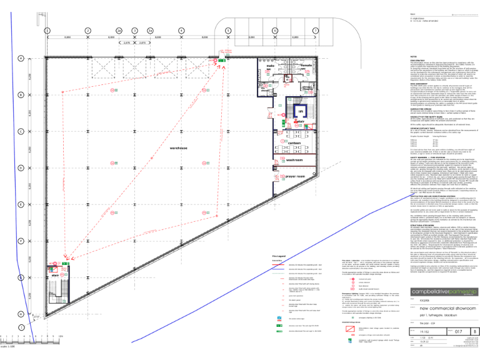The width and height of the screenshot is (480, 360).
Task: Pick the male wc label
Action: pyautogui.click(x=271, y=67)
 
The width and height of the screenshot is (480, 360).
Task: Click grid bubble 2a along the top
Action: pyautogui.click(x=118, y=30)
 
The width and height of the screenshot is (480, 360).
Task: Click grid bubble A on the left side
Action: pyautogui.click(x=21, y=60)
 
